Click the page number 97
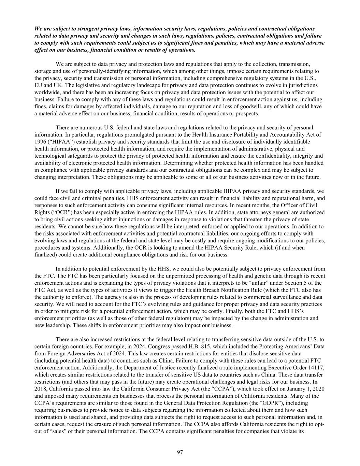click(x=180, y=452)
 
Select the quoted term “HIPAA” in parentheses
click(x=59, y=141)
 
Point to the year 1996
click(x=40, y=141)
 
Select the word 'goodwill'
click(x=254, y=107)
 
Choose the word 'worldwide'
click(x=46, y=92)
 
